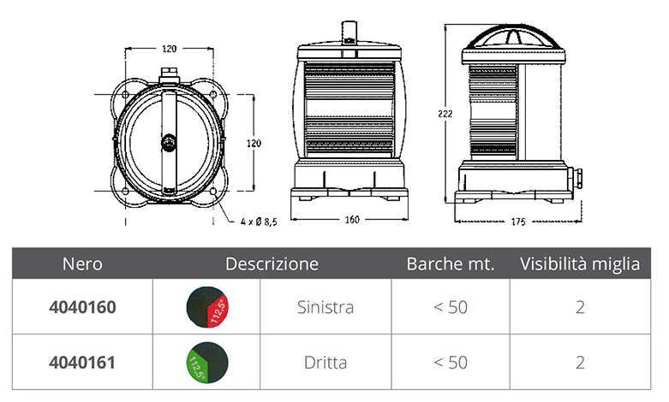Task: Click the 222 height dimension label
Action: coord(445,114)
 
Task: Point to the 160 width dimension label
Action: coord(352,220)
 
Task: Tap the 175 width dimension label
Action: coord(518,222)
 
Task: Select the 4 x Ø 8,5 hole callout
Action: coord(259,222)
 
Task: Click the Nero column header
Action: coord(82,264)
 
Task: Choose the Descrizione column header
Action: coord(272,264)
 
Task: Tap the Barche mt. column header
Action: coord(450,264)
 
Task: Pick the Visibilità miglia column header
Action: coord(580,264)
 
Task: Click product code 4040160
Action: coord(82,307)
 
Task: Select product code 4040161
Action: coord(82,363)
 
